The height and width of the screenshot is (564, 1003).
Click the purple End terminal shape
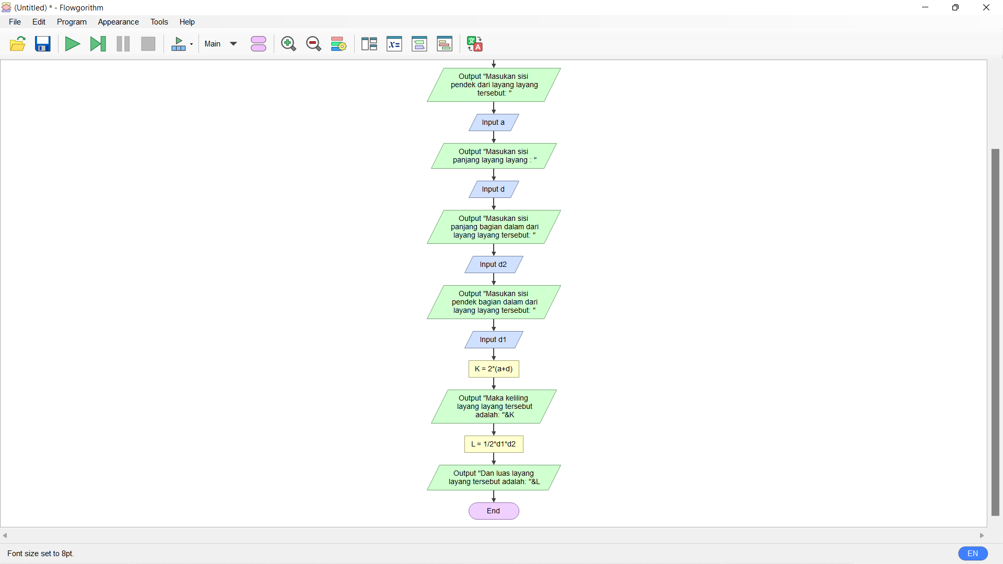(494, 511)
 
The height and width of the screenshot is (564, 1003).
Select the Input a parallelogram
(494, 123)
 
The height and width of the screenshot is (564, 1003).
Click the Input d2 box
(494, 265)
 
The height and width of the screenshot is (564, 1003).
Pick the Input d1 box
(494, 340)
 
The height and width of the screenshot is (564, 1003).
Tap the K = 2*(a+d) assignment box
(494, 369)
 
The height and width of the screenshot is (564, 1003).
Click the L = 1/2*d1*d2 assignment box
(494, 444)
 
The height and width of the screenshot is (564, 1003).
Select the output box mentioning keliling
(494, 407)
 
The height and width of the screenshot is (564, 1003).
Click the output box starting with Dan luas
(494, 478)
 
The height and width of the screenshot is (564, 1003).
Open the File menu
(15, 22)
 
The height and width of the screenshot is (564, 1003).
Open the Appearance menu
(118, 22)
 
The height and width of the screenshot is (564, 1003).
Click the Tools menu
(159, 22)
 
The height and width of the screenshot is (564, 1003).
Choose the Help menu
(187, 22)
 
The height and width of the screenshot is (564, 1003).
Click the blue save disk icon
(43, 44)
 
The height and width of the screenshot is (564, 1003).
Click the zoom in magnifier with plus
(288, 44)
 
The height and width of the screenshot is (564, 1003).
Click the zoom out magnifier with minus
(313, 44)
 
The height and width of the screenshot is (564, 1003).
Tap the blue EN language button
(973, 554)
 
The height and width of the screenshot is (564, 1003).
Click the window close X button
(986, 7)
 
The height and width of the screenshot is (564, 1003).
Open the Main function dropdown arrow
(234, 44)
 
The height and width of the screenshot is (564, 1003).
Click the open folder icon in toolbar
(18, 44)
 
